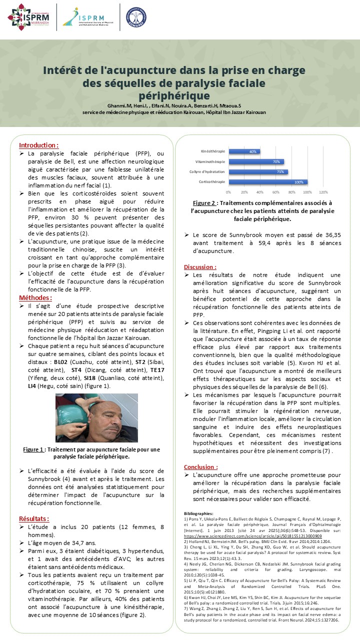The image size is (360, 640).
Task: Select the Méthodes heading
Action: (x=35, y=297)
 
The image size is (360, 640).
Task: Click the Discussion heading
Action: (x=200, y=267)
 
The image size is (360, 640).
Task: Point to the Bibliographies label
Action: (x=198, y=499)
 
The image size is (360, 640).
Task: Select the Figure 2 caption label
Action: (x=204, y=203)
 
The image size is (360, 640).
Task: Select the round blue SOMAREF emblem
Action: (x=136, y=16)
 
